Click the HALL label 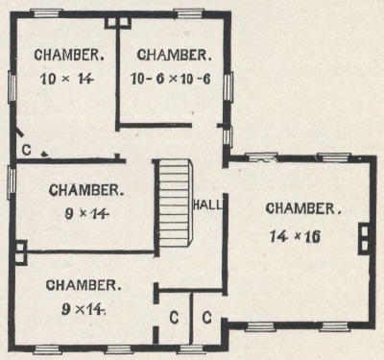[207, 204]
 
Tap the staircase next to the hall [175, 203]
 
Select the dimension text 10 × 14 [67, 79]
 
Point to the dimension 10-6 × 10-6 [171, 79]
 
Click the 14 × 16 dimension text [295, 236]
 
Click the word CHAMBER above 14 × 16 [303, 208]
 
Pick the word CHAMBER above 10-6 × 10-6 [175, 55]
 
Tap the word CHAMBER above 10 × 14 [69, 55]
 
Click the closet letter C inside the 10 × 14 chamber [27, 150]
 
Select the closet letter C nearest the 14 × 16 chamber [206, 318]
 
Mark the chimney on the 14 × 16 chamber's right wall [365, 238]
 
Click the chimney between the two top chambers [118, 23]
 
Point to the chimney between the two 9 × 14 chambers [21, 252]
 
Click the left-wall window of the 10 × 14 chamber [12, 86]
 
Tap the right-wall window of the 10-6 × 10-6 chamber [228, 86]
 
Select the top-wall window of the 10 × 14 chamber [46, 13]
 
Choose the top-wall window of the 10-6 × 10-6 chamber [189, 13]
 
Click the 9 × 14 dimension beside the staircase [85, 213]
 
